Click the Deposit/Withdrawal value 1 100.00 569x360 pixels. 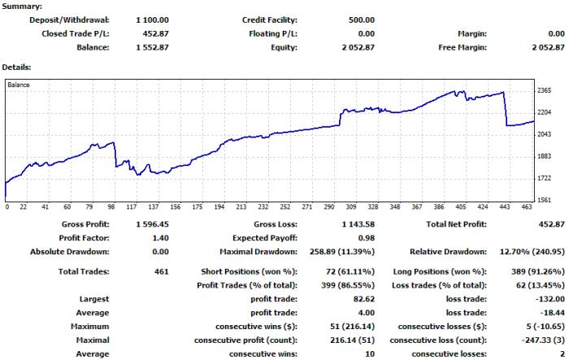point(153,20)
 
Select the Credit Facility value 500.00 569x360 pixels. point(362,20)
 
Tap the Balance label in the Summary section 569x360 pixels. point(93,47)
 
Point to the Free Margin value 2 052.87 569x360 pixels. point(549,47)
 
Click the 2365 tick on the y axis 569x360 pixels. point(545,90)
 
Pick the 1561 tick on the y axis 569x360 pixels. point(545,200)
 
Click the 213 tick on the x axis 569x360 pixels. point(241,207)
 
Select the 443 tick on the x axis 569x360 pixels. point(505,207)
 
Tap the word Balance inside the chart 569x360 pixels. point(19,85)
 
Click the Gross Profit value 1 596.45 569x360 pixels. point(153,224)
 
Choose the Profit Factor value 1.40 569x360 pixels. point(160,238)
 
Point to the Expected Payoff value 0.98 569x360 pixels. point(366,238)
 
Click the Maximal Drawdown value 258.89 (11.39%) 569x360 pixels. point(342,251)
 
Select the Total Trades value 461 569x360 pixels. point(162,271)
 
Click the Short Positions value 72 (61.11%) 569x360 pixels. point(350,271)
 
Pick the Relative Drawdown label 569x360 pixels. point(448,251)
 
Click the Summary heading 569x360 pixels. point(22,7)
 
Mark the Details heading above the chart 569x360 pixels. point(17,67)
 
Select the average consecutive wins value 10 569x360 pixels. point(370,353)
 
